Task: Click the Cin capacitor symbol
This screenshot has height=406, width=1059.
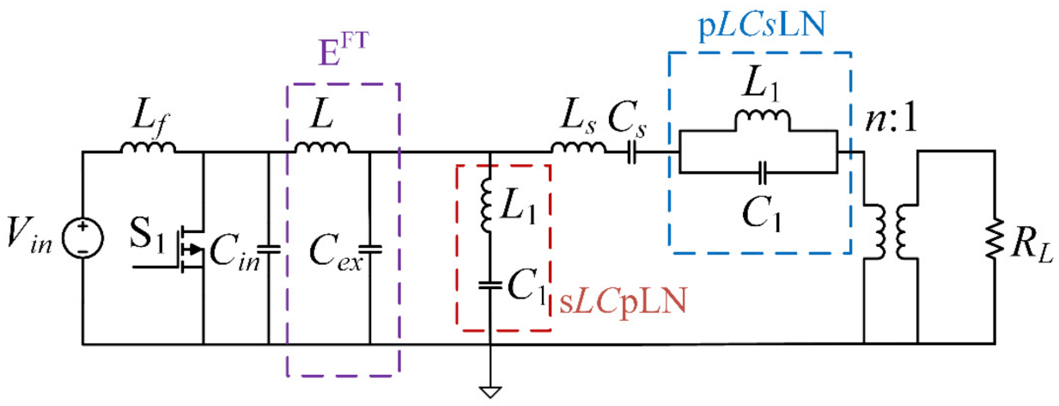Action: (x=269, y=250)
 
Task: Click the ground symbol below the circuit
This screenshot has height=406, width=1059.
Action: (x=489, y=392)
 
